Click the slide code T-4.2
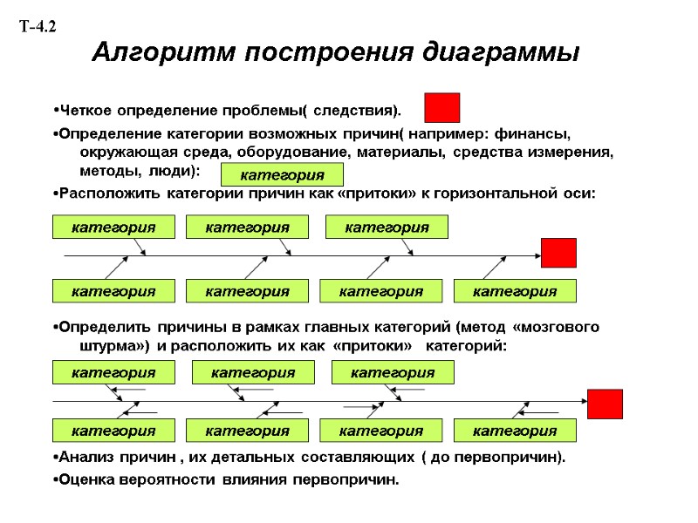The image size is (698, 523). point(38,27)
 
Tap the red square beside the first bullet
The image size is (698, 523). point(441,108)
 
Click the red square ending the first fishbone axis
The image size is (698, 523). point(558,253)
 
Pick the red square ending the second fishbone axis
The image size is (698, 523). point(605,404)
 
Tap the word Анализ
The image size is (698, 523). point(86,458)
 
